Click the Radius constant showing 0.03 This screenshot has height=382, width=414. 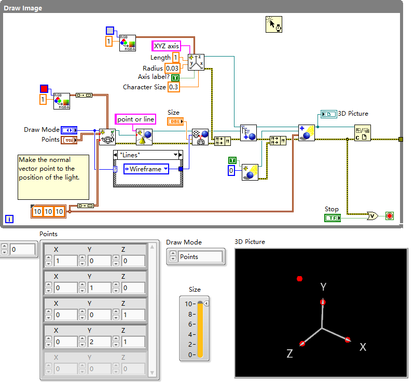click(x=172, y=68)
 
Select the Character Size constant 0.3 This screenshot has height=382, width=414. click(x=173, y=87)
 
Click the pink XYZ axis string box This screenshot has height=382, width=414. click(x=166, y=46)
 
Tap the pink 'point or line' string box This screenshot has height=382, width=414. click(x=135, y=119)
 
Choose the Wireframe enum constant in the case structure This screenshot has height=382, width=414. click(x=146, y=169)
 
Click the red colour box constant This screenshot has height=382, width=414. click(x=44, y=89)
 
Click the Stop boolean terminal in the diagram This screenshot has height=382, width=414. click(x=333, y=218)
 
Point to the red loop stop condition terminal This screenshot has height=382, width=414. click(x=390, y=216)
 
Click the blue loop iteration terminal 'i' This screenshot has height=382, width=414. click(x=9, y=219)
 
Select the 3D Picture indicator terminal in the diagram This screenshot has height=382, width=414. click(x=329, y=114)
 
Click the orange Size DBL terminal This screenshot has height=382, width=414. click(x=175, y=121)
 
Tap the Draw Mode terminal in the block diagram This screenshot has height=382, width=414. click(x=69, y=130)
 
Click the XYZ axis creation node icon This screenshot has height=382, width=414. click(x=196, y=62)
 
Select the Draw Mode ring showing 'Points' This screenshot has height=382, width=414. click(x=196, y=256)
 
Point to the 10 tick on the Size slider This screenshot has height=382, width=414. click(x=190, y=304)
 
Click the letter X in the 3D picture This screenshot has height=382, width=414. click(x=363, y=347)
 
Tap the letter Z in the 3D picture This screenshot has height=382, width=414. click(x=289, y=353)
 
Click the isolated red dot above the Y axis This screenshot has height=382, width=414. click(x=299, y=279)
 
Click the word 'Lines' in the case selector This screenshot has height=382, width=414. click(x=130, y=155)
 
